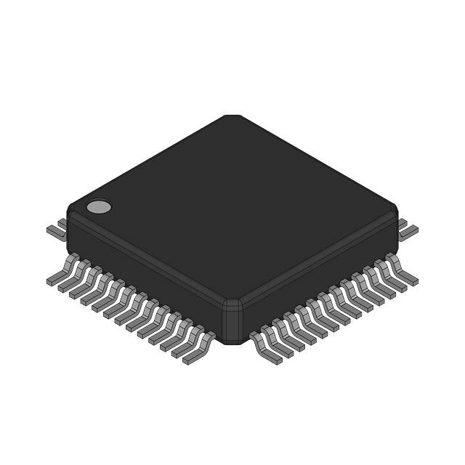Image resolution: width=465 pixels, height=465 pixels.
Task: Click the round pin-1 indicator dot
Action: point(99,207)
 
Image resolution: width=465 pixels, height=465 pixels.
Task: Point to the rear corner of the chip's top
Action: point(232,116)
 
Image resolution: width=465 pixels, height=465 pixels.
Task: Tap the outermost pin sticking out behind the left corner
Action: point(55,230)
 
